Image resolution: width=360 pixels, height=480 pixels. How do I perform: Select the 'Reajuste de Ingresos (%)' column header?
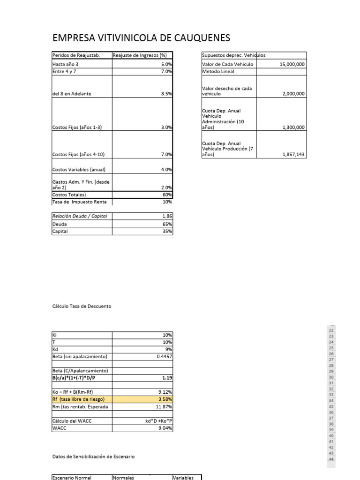[140, 56]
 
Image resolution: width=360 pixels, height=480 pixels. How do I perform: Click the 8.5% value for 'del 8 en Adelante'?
[166, 94]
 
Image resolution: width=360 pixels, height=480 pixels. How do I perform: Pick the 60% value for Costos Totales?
[167, 195]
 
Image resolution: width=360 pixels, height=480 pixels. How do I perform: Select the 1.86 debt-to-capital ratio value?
[167, 216]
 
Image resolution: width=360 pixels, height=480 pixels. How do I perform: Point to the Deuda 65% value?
[167, 224]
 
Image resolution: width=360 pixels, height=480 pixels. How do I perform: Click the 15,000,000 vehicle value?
[292, 64]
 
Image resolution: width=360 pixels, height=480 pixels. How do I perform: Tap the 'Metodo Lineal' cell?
[218, 72]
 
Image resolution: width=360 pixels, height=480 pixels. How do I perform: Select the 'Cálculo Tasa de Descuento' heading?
[82, 306]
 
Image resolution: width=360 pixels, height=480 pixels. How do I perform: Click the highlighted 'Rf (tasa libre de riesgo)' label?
[78, 399]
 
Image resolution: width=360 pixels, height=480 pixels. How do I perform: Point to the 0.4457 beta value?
[165, 357]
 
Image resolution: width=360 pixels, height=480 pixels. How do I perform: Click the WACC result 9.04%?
[165, 428]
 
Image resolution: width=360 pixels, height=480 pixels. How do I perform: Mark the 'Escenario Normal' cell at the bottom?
[72, 478]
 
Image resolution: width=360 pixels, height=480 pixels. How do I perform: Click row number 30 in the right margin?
[331, 377]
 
